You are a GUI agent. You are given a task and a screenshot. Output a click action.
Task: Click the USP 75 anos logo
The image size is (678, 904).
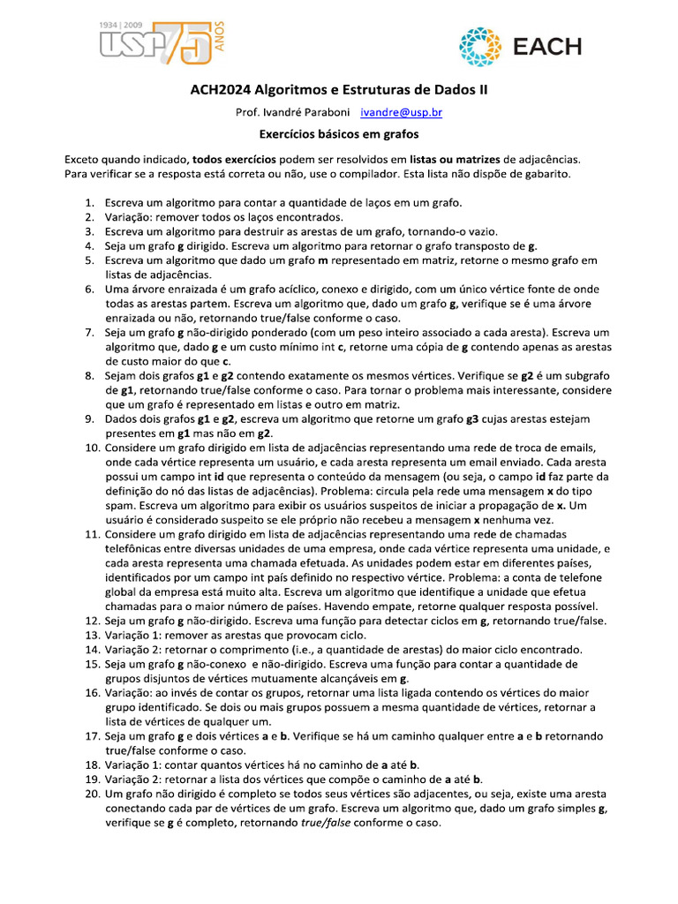(154, 41)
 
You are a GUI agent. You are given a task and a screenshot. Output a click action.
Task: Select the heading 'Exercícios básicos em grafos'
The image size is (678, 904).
(338, 135)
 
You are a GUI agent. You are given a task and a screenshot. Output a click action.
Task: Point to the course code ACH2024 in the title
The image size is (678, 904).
(221, 90)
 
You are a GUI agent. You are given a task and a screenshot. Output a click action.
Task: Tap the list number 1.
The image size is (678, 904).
(89, 203)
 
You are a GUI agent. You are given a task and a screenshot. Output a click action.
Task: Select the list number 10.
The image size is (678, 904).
(90, 448)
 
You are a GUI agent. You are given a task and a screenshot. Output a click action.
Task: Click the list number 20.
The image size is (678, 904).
(90, 795)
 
